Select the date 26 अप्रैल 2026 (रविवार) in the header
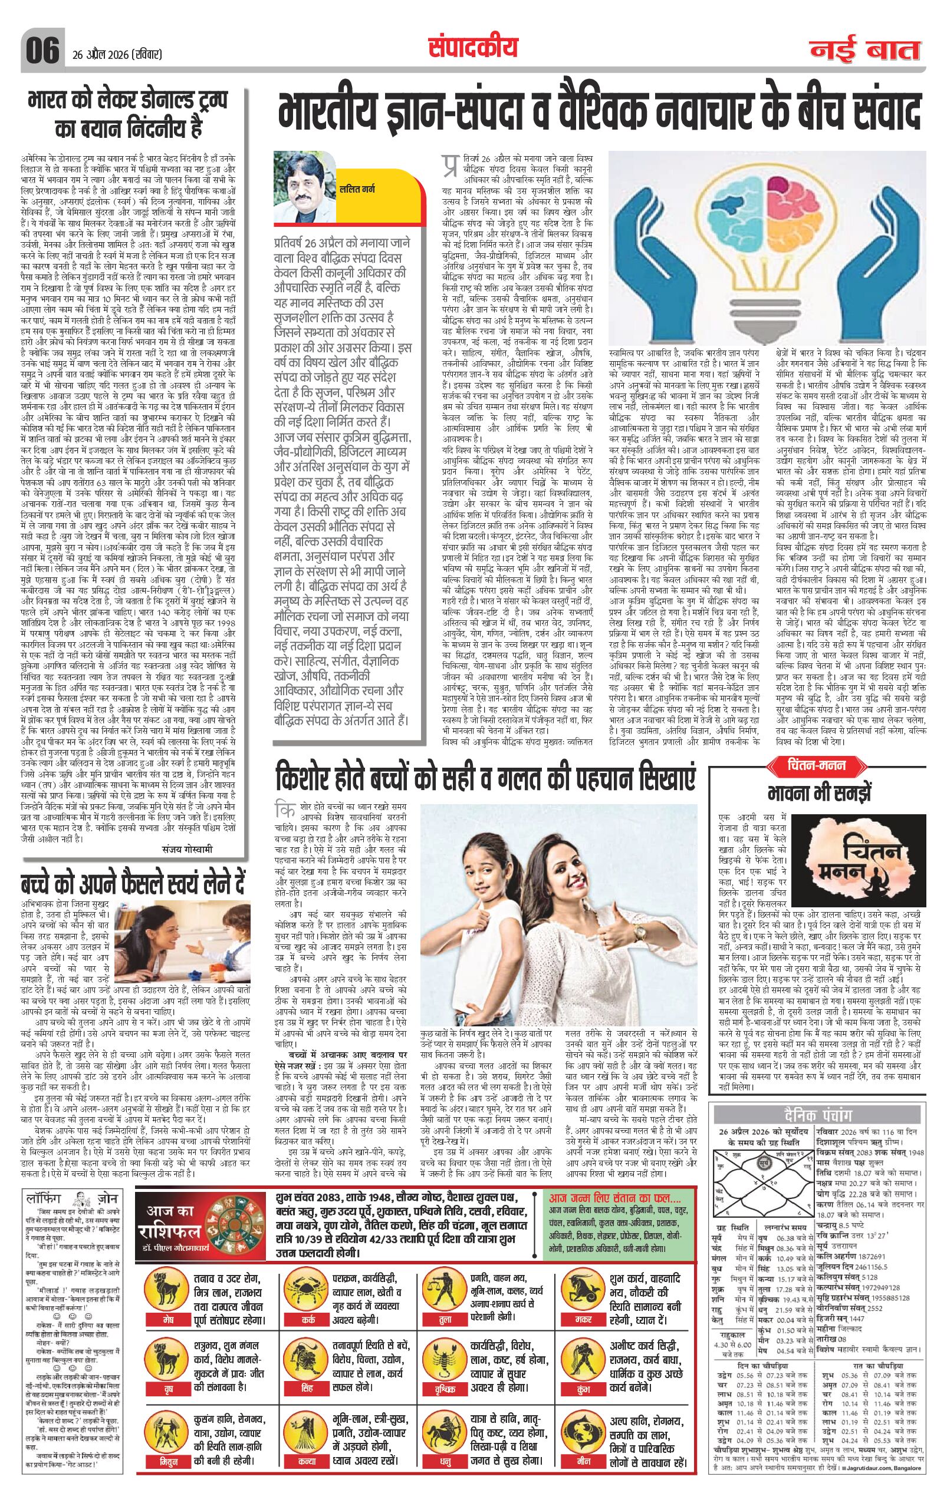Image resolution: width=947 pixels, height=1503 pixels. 116,54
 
